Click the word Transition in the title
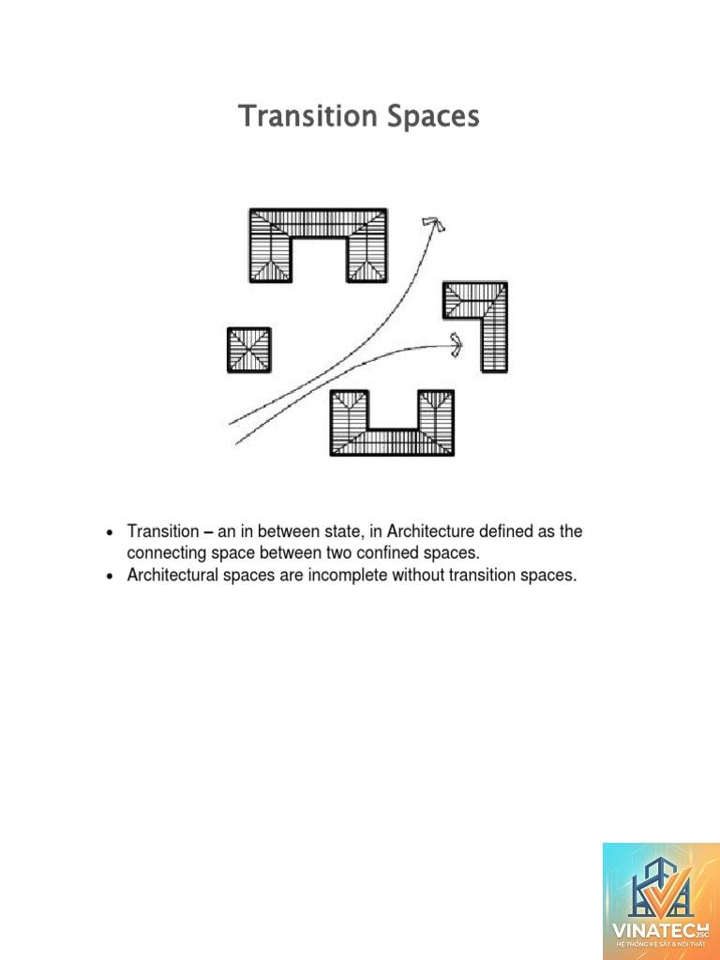click(x=307, y=115)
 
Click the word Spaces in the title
click(x=433, y=117)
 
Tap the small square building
click(x=249, y=350)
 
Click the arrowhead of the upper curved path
click(x=434, y=224)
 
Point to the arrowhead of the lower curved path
click(x=456, y=345)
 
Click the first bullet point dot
click(x=110, y=532)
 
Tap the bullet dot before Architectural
click(x=110, y=577)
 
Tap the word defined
click(x=506, y=531)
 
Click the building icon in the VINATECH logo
click(x=659, y=889)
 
